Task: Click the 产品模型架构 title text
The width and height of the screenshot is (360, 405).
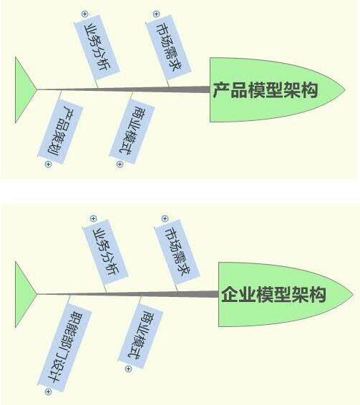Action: pos(266,90)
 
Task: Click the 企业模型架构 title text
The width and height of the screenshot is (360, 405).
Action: pos(273,295)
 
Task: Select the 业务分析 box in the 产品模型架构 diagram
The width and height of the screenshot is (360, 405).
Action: pos(97,47)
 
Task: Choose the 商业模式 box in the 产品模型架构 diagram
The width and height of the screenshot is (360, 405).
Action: pos(132,131)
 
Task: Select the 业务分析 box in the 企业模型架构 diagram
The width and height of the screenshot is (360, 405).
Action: pos(106,252)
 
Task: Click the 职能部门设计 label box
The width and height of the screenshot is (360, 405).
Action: pos(65,348)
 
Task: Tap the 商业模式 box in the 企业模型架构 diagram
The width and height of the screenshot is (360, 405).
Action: pos(140,336)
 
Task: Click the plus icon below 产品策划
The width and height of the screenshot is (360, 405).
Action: pos(49,165)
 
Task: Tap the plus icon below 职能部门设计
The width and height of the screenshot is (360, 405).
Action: pos(49,392)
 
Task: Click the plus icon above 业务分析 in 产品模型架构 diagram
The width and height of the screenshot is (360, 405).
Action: pos(84,14)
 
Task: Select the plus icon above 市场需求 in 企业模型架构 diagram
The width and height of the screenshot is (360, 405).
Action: pos(165,219)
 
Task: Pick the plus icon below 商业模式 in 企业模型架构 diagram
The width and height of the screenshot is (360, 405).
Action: pos(128,369)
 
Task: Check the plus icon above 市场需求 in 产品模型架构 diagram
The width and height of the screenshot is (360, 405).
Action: pos(156,14)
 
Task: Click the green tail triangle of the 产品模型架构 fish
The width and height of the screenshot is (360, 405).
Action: pos(23,90)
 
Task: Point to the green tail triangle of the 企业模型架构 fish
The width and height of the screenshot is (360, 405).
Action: pos(23,295)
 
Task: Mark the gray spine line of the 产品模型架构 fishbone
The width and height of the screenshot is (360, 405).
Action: pos(123,89)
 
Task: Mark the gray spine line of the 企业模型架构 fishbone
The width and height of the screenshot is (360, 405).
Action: pos(127,294)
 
